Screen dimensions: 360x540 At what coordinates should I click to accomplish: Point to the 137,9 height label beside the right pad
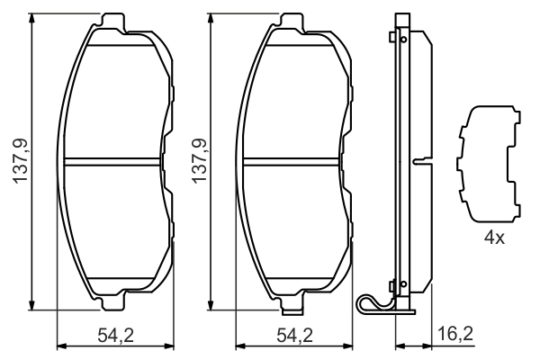(x=196, y=162)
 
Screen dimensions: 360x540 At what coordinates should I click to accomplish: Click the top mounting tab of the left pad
(x=113, y=19)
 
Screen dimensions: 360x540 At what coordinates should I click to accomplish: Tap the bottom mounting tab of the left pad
(x=113, y=306)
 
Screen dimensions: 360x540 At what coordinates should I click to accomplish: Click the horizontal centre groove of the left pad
(x=115, y=163)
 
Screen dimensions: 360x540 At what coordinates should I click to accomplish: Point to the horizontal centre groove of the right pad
(x=293, y=163)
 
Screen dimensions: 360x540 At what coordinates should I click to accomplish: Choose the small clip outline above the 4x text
(x=490, y=161)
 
